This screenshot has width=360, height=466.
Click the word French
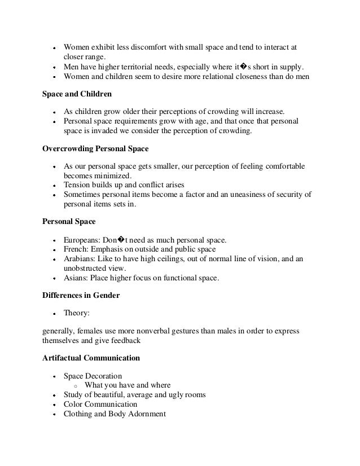coord(75,249)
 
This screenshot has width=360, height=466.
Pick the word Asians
coord(76,278)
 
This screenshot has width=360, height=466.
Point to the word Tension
coord(77,184)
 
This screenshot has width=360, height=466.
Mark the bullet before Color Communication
coord(53,405)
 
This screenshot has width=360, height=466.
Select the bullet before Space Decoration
coord(53,376)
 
